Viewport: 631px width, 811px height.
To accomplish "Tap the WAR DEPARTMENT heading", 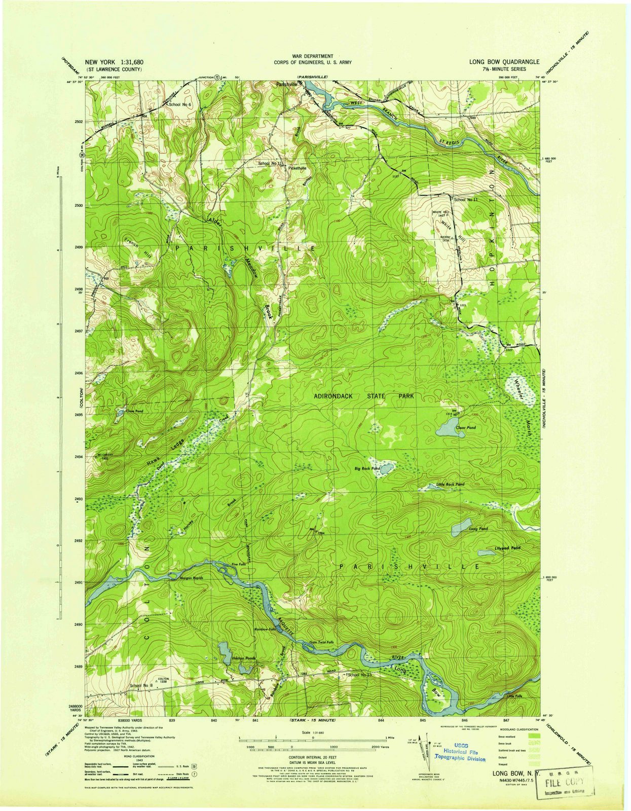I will point(313,56).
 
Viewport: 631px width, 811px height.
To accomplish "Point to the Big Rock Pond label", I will point(367,469).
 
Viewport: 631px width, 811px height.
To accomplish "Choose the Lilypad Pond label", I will point(507,548).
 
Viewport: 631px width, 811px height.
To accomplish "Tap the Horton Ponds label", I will point(245,658).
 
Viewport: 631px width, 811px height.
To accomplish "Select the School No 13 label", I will point(360,675).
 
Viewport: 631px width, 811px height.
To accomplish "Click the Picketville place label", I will point(297,168).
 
